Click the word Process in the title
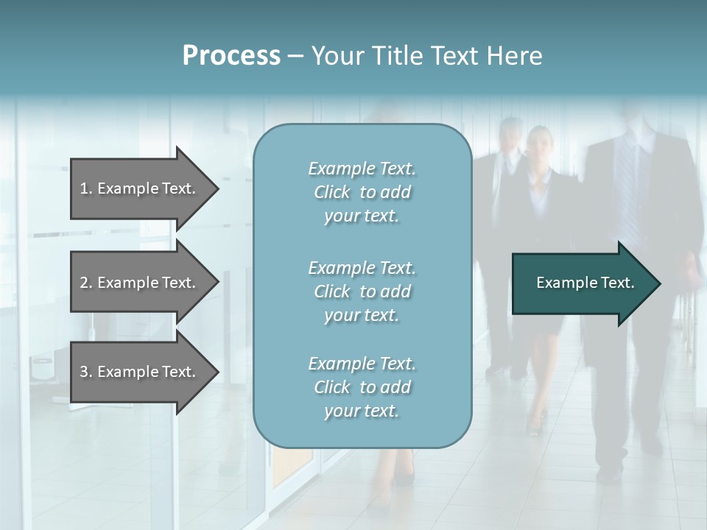click(x=231, y=56)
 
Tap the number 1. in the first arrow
click(x=86, y=188)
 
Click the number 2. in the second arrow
click(x=86, y=283)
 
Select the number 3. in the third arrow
click(x=86, y=372)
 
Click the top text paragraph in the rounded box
click(x=362, y=192)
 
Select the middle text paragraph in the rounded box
click(x=362, y=291)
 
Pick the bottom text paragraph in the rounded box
click(x=362, y=387)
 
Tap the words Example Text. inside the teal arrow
click(x=585, y=283)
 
